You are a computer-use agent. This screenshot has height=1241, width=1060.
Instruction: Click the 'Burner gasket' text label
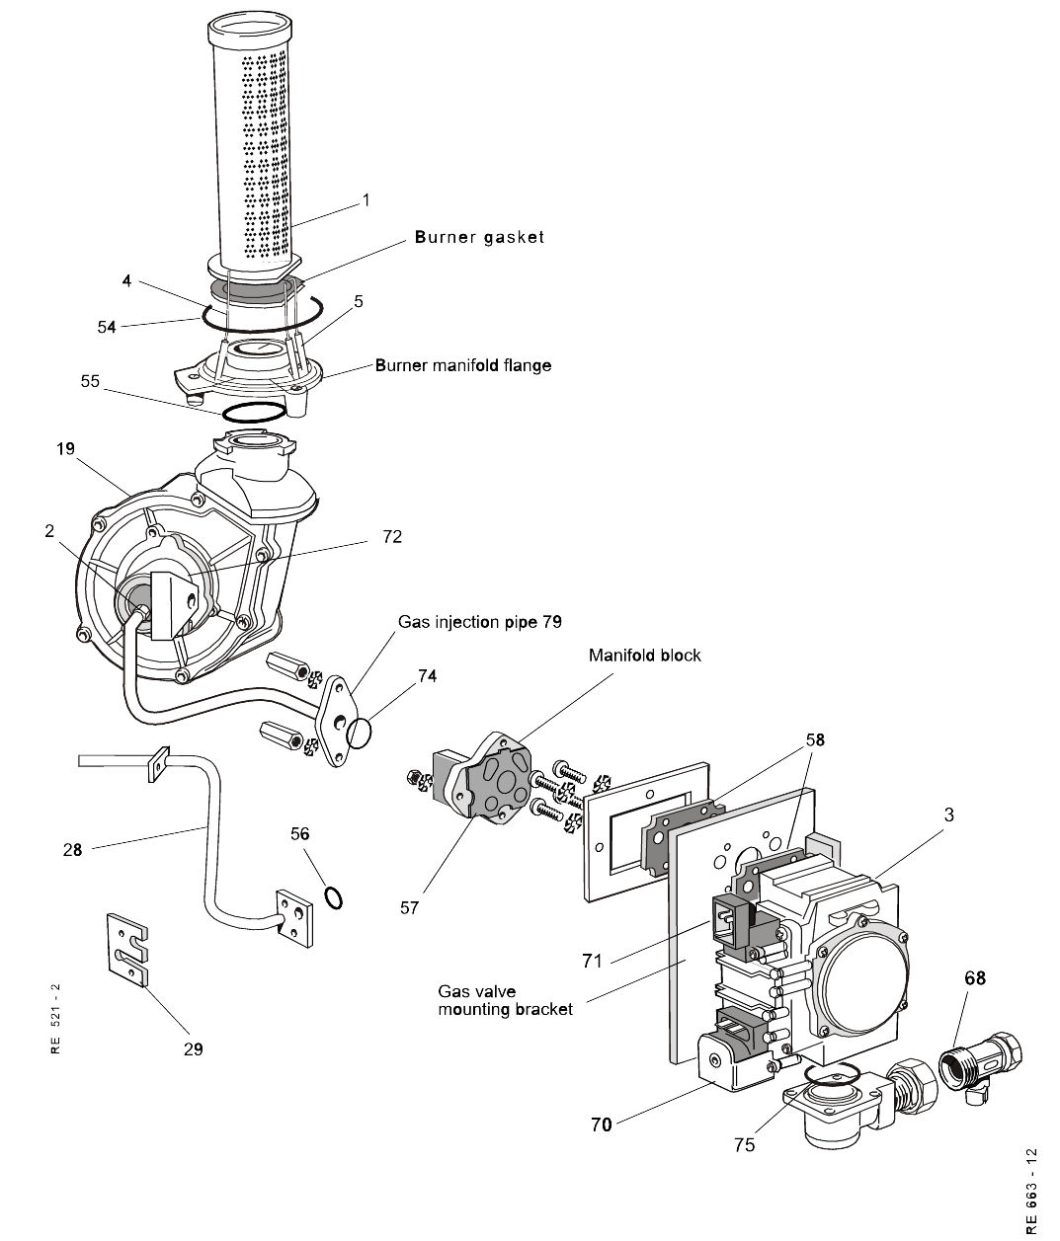pyautogui.click(x=479, y=237)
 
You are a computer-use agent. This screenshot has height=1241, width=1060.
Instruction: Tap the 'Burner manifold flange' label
pyautogui.click(x=462, y=365)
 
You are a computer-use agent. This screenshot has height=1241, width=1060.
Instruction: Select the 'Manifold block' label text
pyautogui.click(x=644, y=655)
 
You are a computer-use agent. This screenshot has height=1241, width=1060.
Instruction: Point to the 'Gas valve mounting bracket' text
pyautogui.click(x=505, y=1000)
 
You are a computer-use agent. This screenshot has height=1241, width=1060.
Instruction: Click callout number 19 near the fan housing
pyautogui.click(x=66, y=449)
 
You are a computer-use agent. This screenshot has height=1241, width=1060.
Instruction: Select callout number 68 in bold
pyautogui.click(x=975, y=978)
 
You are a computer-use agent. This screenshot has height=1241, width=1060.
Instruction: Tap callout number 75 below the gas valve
pyautogui.click(x=744, y=1144)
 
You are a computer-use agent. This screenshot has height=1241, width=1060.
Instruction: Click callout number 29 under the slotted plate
pyautogui.click(x=194, y=1048)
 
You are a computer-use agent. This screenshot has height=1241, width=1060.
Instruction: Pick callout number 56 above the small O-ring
pyautogui.click(x=299, y=834)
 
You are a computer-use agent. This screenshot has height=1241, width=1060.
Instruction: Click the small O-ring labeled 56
pyautogui.click(x=335, y=897)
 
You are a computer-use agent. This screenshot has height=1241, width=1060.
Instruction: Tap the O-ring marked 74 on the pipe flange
pyautogui.click(x=360, y=733)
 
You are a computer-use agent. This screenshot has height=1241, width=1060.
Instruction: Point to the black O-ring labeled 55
pyautogui.click(x=255, y=412)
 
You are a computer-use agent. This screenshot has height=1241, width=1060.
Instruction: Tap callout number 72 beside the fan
pyautogui.click(x=392, y=536)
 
